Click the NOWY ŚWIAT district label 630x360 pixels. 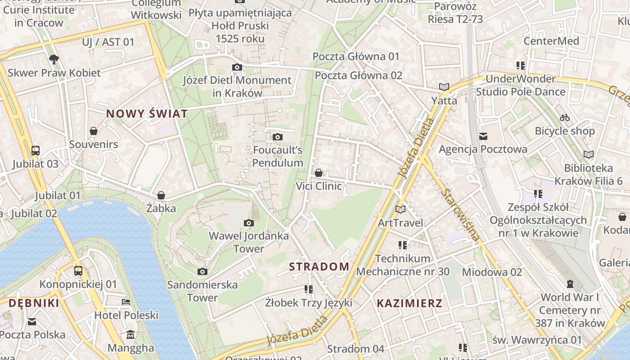(x=147, y=114)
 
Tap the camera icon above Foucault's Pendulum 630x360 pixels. (x=278, y=137)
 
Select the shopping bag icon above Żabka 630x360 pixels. (x=161, y=195)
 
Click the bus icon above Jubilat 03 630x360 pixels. (x=36, y=150)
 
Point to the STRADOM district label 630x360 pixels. (x=319, y=266)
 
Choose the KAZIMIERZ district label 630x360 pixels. (x=409, y=303)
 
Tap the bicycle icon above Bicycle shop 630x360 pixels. (x=565, y=118)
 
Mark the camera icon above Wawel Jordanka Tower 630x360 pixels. (x=249, y=223)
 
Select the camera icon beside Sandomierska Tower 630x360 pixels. (x=202, y=271)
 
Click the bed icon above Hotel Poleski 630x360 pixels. (x=126, y=302)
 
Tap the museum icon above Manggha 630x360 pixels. (x=130, y=335)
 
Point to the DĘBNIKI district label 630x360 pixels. (x=34, y=303)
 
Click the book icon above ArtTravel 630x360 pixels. (x=400, y=209)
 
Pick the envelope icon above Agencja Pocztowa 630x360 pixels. (x=483, y=136)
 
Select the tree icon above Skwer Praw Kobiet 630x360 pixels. (x=54, y=59)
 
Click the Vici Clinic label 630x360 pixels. (x=319, y=186)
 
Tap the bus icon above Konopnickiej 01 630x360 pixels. (x=78, y=271)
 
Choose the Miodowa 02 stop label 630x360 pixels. (x=492, y=272)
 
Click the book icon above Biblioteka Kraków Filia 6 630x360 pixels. (x=589, y=155)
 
